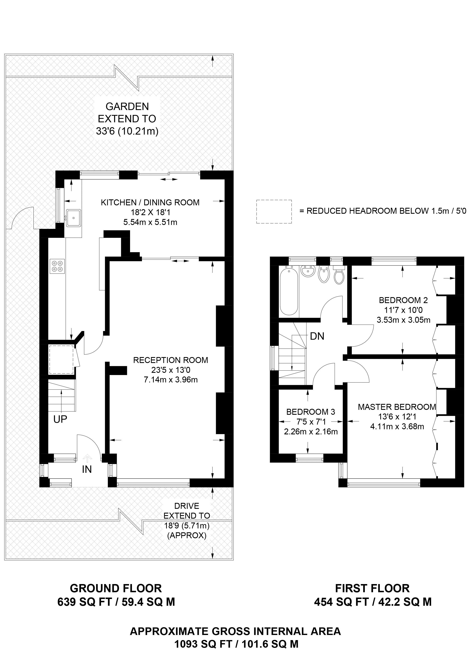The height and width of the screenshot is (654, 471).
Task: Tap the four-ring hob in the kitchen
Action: click(57, 266)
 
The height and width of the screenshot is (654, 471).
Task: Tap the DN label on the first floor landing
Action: click(317, 336)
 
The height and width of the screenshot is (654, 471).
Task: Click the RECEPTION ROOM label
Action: click(170, 360)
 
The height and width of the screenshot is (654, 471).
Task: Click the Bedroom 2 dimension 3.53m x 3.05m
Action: click(403, 320)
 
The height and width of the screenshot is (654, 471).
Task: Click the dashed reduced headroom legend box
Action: click(274, 211)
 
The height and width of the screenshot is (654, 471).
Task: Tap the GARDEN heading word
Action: click(127, 106)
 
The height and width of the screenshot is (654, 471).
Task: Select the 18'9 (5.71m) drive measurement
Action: click(187, 525)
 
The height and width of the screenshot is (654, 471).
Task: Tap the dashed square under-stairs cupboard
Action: click(61, 359)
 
